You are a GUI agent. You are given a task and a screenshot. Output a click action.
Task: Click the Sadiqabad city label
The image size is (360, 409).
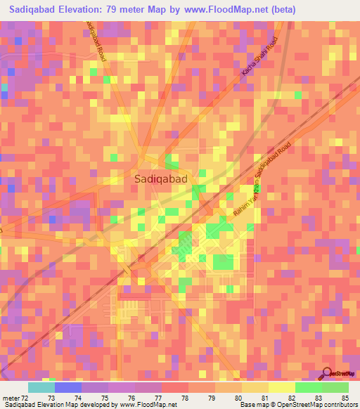161,179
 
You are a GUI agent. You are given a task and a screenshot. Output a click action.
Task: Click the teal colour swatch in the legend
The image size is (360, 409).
41,387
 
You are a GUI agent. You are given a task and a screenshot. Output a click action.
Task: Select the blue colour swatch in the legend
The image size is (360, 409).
68,387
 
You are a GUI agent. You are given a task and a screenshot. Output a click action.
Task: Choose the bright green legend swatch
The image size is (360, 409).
308,387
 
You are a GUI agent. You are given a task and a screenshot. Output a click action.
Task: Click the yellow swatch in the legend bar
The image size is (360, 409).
281,387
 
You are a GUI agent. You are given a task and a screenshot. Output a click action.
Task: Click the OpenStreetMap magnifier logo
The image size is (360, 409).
328,373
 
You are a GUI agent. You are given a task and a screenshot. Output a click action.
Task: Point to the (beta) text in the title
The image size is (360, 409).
281,10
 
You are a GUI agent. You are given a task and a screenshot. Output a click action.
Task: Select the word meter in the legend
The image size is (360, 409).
10,397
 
